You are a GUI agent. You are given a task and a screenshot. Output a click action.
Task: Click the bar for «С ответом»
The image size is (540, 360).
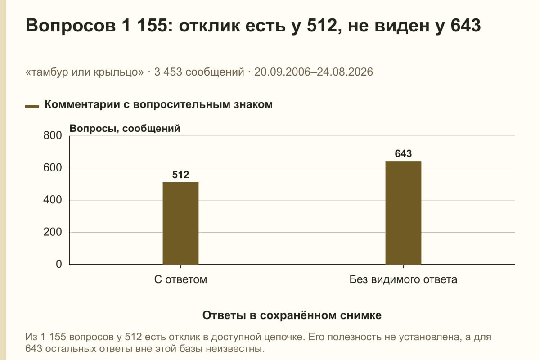click(180, 223)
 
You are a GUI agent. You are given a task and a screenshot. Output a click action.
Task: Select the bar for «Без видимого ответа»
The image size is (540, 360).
click(403, 213)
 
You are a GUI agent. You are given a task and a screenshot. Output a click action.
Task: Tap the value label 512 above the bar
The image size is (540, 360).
click(180, 175)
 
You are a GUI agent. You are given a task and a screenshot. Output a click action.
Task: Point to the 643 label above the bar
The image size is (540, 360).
click(403, 153)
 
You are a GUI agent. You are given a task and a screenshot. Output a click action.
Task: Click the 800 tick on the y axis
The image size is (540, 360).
click(53, 135)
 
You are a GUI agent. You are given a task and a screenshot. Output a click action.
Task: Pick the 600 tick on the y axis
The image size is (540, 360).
click(53, 168)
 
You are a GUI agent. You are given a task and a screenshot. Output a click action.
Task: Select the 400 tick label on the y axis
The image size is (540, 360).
click(53, 200)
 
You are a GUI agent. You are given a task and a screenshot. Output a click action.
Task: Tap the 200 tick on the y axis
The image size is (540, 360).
click(53, 232)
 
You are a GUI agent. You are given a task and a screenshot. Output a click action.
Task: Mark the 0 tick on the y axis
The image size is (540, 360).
click(59, 264)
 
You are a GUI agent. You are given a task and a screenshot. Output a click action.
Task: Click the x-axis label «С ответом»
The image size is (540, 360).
click(180, 280)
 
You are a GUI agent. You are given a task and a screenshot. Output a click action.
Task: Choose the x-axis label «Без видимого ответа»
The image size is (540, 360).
click(403, 280)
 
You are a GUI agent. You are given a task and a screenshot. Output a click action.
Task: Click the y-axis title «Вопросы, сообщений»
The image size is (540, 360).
click(125, 129)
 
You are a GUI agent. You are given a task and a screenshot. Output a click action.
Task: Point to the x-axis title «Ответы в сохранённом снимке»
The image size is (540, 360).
click(292, 315)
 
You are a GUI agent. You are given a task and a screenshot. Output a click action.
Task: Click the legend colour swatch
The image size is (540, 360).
click(32, 107)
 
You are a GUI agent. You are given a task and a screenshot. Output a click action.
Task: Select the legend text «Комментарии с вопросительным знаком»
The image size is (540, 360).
click(158, 105)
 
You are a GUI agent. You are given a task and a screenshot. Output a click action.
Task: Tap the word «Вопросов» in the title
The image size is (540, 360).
click(71, 26)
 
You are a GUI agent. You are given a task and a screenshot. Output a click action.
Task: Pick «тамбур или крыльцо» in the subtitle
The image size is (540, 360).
click(85, 72)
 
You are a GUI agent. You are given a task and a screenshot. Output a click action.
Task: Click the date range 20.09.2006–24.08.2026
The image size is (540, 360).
click(314, 72)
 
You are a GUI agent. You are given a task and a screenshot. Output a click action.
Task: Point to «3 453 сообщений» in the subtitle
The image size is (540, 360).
click(199, 72)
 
